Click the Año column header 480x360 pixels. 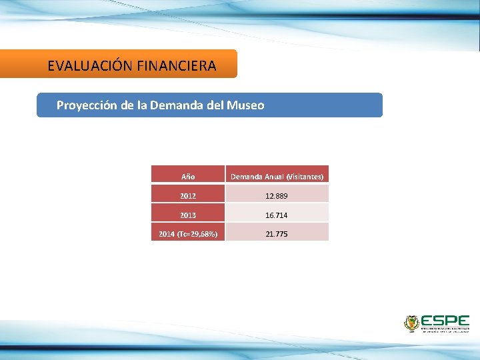pos(188,177)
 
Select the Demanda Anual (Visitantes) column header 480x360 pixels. pos(277,177)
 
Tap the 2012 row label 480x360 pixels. pos(188,196)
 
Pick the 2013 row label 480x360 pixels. pos(188,215)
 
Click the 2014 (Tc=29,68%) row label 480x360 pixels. pos(188,234)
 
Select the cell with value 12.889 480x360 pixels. pos(277,196)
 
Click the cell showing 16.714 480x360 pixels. pos(277,215)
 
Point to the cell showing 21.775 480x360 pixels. pos(277,234)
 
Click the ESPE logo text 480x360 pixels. pos(445,321)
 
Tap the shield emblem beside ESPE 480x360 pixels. pos(411,323)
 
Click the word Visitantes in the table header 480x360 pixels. pos(305,177)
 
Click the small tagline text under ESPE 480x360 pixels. pos(445,329)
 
